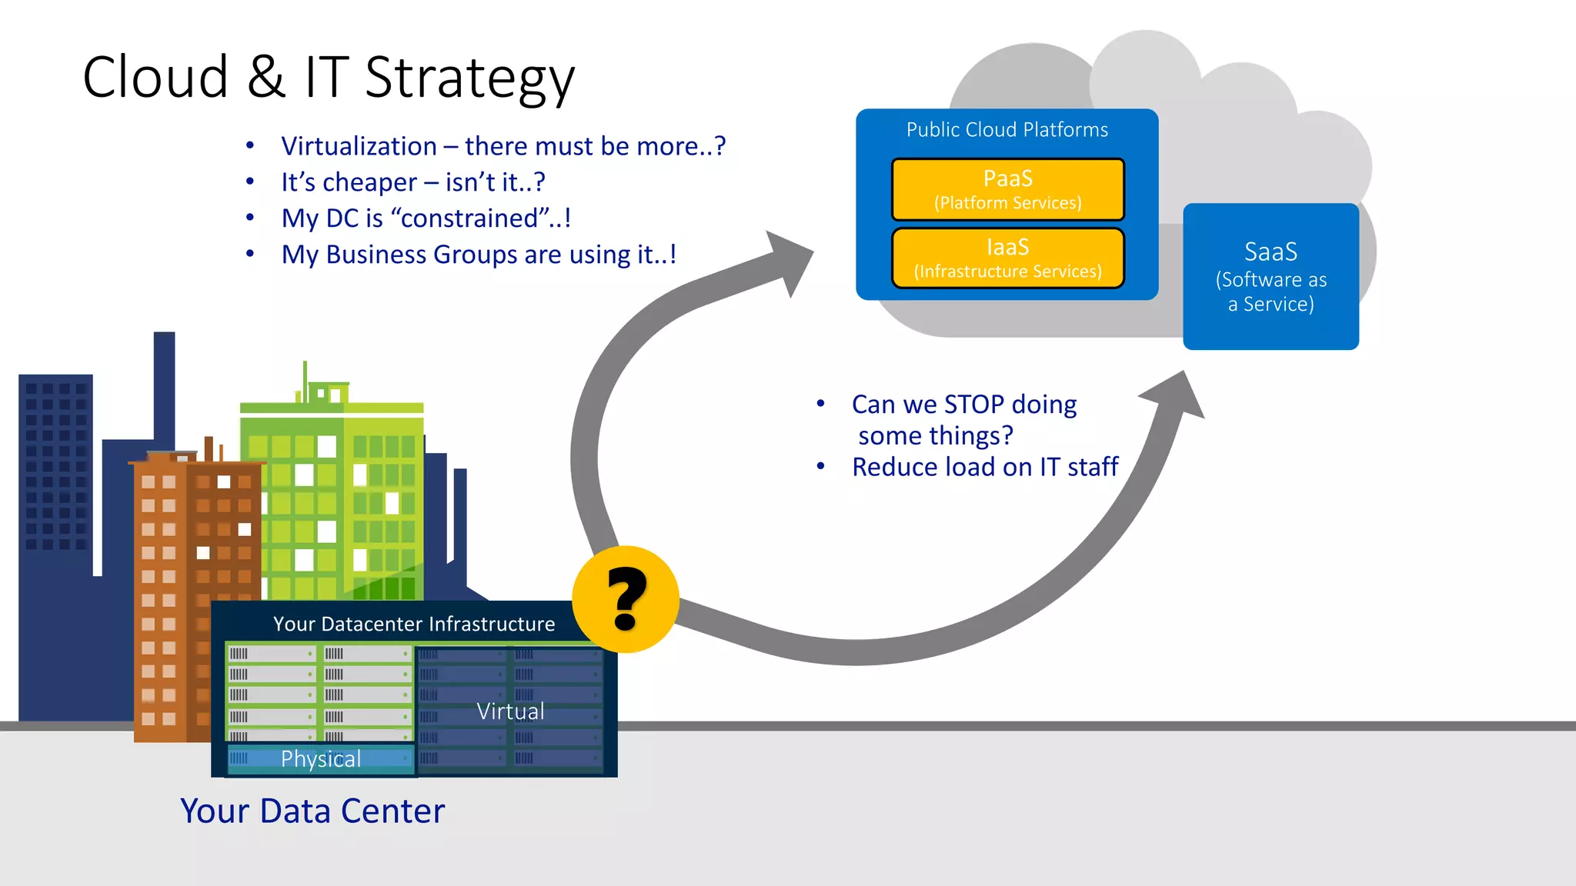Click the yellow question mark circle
[x=625, y=599]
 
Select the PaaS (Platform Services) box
[x=1007, y=189]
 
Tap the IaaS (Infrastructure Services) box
[x=1007, y=258]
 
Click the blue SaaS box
[x=1270, y=276]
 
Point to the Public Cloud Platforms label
[x=1007, y=130]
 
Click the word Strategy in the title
[x=469, y=78]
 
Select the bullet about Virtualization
[x=503, y=146]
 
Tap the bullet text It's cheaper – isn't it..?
[x=412, y=182]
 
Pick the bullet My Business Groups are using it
[x=478, y=255]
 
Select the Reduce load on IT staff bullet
[x=984, y=467]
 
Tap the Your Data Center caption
[x=312, y=811]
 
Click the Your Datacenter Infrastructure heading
[x=414, y=624]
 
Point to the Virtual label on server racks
[x=510, y=711]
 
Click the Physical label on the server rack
[x=320, y=759]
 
